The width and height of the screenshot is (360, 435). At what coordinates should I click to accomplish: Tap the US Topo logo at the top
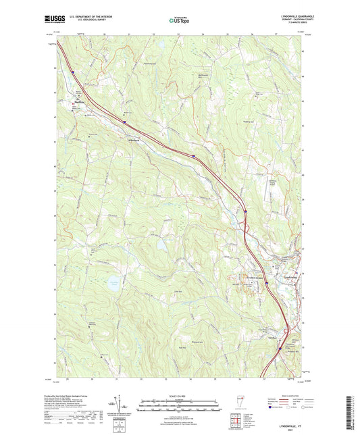tap(179, 20)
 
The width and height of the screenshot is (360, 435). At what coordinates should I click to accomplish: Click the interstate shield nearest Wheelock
tap(124, 122)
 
